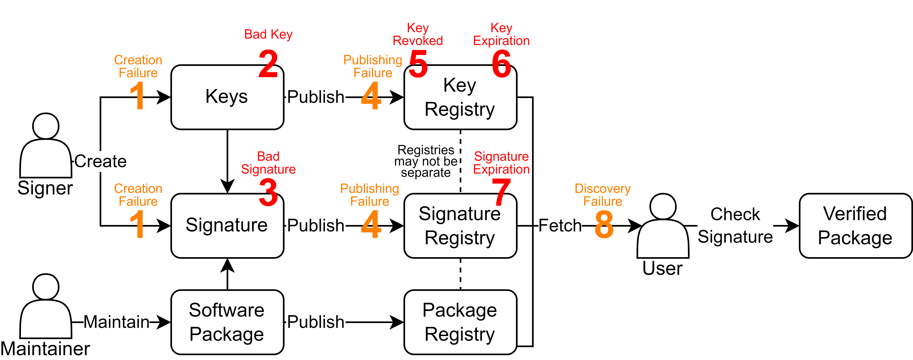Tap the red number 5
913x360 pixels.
[418, 64]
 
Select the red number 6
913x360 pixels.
[501, 64]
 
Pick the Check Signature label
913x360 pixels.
[735, 226]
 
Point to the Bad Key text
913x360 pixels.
[268, 34]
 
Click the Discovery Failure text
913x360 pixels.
[602, 195]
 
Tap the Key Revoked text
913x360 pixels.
[418, 34]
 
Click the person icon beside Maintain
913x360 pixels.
[46, 308]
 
